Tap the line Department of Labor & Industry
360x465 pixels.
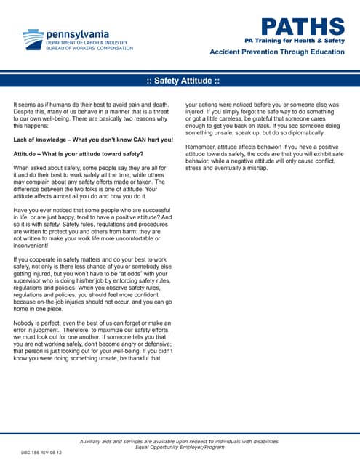pos(86,42)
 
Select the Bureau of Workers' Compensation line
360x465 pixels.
pos(89,48)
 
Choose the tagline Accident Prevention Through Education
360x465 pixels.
pos(277,53)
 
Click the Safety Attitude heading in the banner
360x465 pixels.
pos(180,79)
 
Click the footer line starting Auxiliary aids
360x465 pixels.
pos(179,441)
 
